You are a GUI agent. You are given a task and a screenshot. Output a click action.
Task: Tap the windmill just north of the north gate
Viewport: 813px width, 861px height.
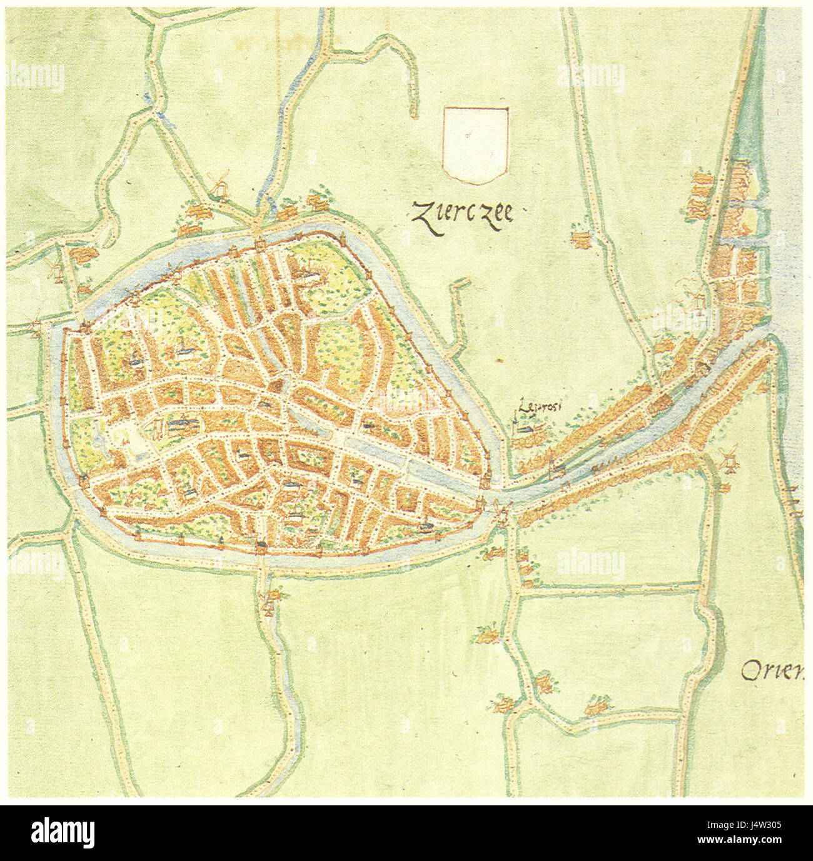220,184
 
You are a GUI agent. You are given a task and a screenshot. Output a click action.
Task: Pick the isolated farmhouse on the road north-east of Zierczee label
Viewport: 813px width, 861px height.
582,238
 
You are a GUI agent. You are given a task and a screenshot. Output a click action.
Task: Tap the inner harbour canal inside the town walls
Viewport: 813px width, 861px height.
375,445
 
